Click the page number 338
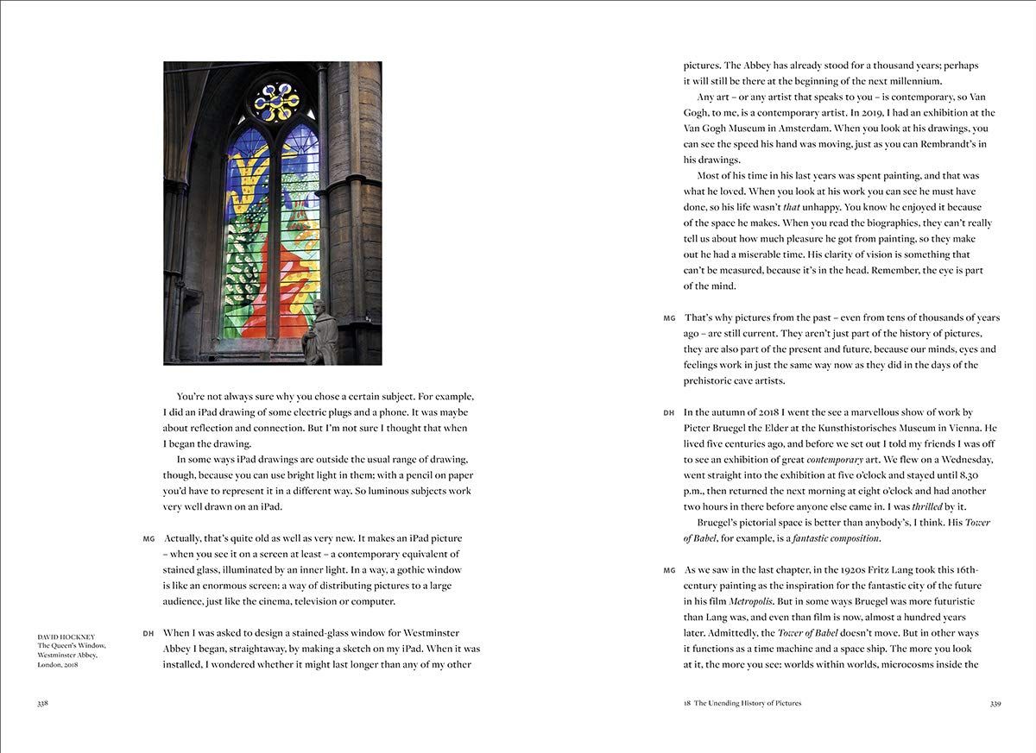(42, 703)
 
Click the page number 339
(995, 703)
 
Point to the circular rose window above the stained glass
(277, 102)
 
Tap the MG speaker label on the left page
(148, 538)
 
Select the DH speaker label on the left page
(148, 633)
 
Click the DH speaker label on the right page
(669, 413)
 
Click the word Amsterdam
(835, 129)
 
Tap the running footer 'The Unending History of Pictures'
(748, 703)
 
